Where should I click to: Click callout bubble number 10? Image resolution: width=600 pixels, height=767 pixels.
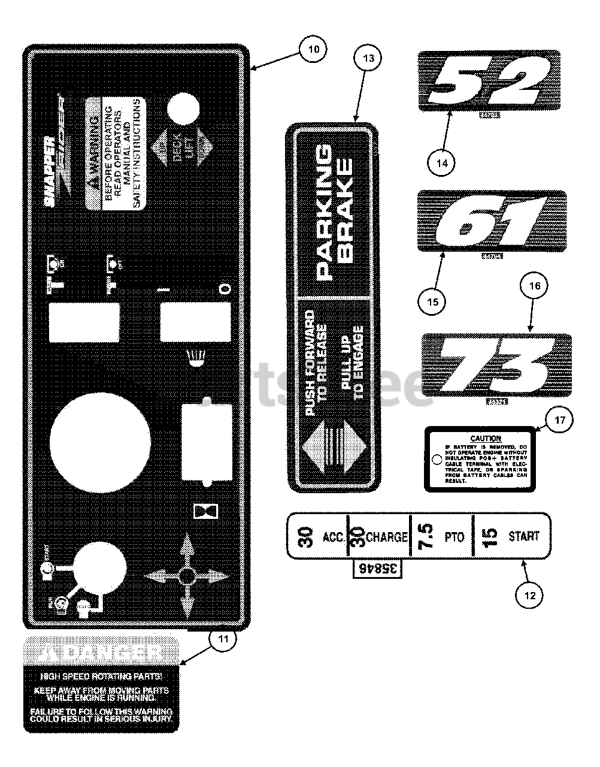pos(313,49)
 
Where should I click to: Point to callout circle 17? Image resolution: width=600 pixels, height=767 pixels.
pos(559,421)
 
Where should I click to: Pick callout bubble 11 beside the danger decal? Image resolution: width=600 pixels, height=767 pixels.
pos(222,639)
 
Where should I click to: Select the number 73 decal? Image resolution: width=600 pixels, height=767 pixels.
pos(496,364)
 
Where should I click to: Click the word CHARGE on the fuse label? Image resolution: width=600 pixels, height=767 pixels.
pos(386,536)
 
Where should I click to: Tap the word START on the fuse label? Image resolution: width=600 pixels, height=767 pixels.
pos(524,536)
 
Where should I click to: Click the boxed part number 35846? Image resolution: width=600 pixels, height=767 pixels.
pos(375,570)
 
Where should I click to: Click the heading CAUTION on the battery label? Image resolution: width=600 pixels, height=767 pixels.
pos(486,439)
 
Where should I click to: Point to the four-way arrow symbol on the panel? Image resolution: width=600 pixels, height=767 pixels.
pos(186,576)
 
